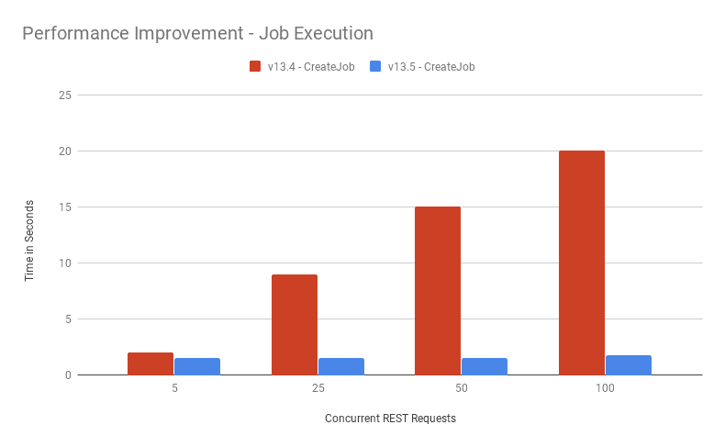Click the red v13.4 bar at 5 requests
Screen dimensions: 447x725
(x=151, y=363)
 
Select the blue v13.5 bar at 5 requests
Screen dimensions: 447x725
(x=197, y=366)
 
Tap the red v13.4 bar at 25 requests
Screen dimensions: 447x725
(x=295, y=324)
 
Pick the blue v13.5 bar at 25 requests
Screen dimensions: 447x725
(x=341, y=366)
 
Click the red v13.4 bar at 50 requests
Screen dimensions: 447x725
(x=438, y=291)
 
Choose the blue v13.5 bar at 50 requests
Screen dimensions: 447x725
(x=485, y=366)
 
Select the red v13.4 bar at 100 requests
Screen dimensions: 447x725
(x=582, y=263)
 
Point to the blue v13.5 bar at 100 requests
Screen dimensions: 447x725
(x=629, y=364)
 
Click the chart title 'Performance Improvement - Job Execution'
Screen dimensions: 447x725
(x=197, y=34)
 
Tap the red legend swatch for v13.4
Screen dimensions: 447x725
(x=255, y=66)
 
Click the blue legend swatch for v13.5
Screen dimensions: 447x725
(x=375, y=66)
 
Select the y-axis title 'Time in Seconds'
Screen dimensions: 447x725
(x=29, y=240)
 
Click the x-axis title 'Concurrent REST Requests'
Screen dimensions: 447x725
(x=390, y=419)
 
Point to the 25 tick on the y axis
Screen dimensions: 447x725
(x=65, y=95)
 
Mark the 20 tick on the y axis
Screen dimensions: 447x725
(x=65, y=151)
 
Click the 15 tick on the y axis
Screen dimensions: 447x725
(x=65, y=207)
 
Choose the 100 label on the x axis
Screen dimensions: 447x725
(x=605, y=389)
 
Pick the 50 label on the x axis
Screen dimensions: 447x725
(x=462, y=389)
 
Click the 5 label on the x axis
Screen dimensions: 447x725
(x=174, y=389)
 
